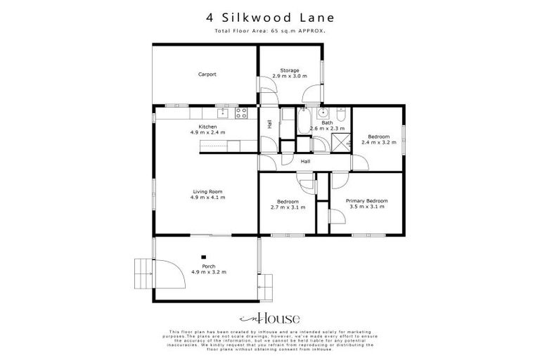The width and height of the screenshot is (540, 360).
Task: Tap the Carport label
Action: (207, 74)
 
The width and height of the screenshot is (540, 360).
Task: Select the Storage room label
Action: (290, 70)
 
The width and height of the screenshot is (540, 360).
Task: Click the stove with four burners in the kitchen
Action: (241, 112)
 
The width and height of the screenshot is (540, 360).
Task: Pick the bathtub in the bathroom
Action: (305, 121)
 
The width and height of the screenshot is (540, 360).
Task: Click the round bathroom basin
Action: (323, 112)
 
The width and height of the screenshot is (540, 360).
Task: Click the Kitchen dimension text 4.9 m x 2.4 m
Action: (207, 132)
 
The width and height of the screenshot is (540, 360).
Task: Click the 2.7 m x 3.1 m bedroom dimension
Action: (287, 207)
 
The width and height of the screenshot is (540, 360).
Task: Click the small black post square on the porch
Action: (204, 257)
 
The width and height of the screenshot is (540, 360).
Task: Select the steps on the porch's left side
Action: (143, 268)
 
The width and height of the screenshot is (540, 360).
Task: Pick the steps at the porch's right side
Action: (266, 284)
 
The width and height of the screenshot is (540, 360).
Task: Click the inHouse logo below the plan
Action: (269, 316)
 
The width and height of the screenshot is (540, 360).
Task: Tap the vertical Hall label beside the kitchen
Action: (269, 124)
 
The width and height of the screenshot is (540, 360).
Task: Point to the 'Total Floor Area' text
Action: (270, 32)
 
